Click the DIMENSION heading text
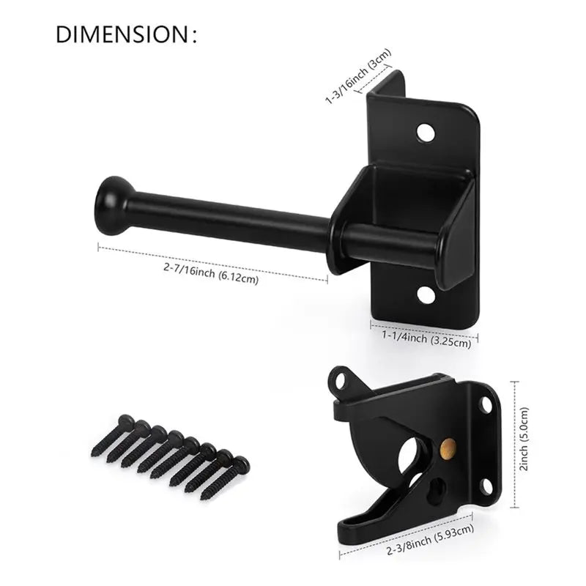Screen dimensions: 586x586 (126, 34)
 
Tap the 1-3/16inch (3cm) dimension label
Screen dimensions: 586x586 (358, 76)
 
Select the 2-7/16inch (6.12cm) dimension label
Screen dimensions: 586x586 (211, 273)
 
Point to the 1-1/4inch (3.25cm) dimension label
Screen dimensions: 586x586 (426, 338)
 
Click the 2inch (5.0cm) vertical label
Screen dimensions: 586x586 (524, 439)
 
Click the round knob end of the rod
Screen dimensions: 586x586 (111, 205)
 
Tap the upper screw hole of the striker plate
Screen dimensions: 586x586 (426, 133)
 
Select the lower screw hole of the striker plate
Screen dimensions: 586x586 (426, 294)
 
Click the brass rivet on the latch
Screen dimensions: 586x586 (448, 447)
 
